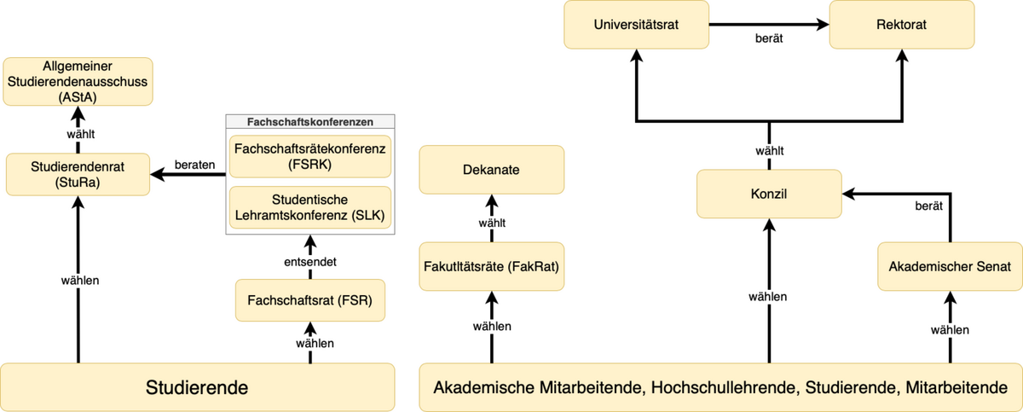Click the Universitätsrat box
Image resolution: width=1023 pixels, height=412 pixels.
[x=636, y=25]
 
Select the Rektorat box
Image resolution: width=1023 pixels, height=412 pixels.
[x=902, y=25]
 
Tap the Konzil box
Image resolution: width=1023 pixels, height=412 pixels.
[x=769, y=194]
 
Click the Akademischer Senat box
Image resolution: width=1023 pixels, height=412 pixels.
[x=950, y=266]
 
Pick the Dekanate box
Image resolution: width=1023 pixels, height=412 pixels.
[x=491, y=170]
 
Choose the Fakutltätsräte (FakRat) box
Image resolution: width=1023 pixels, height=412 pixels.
[x=491, y=266]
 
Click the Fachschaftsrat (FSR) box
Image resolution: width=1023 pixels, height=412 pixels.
[x=310, y=300]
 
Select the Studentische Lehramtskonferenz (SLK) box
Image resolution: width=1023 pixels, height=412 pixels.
[x=310, y=207]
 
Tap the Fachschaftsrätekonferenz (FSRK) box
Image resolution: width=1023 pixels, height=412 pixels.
[x=310, y=156]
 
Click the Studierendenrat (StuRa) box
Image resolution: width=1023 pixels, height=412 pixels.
[x=78, y=175]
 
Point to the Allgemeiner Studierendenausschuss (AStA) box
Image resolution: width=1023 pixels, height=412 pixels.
[x=78, y=82]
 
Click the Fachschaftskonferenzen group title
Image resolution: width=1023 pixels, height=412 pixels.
[x=310, y=122]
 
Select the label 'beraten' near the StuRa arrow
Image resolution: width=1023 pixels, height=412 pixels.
[x=194, y=165]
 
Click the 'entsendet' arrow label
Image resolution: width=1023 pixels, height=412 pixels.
[x=310, y=262]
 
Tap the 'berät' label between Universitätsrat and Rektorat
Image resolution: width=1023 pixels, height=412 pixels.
[x=769, y=38]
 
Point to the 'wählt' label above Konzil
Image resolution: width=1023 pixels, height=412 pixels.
[x=770, y=151]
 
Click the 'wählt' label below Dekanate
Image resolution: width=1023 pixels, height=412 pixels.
[x=492, y=223]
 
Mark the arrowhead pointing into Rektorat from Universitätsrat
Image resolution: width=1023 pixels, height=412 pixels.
[x=823, y=25]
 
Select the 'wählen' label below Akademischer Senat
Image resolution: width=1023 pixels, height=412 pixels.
[x=950, y=330]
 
